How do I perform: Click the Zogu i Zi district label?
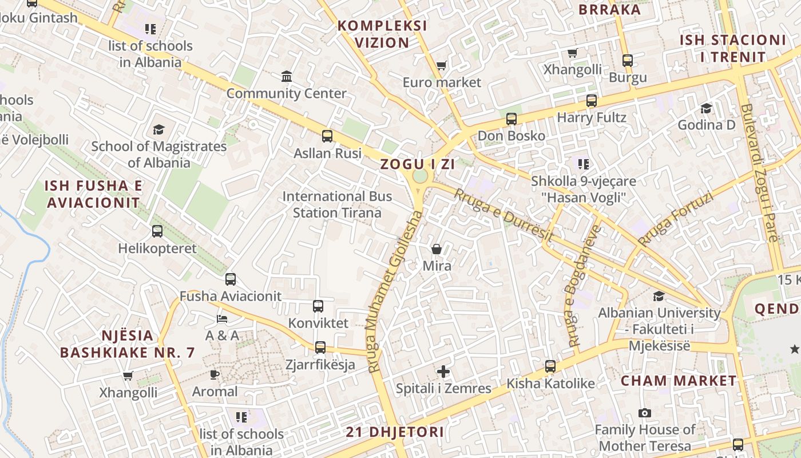[x=418, y=164]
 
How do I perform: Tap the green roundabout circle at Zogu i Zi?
[x=421, y=176]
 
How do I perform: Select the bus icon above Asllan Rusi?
[x=327, y=136]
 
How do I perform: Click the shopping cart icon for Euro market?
[x=441, y=66]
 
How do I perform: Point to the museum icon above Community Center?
[x=287, y=76]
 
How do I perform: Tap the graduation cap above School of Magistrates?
[x=158, y=130]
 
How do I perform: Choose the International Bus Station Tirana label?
[x=337, y=204]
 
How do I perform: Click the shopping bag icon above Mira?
[x=437, y=249]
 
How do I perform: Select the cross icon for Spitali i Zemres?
[x=443, y=372]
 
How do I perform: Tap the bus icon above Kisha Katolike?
[x=550, y=366]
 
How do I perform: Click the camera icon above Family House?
[x=645, y=413]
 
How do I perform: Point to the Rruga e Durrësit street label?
[x=503, y=215]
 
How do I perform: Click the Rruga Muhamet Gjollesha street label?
[x=395, y=292]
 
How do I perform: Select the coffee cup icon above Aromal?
[x=215, y=375]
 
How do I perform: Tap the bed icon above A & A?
[x=222, y=319]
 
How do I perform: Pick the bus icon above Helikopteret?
[x=157, y=231]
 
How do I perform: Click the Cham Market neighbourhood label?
[x=679, y=381]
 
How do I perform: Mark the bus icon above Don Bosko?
[x=511, y=119]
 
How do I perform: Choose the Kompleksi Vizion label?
[x=382, y=34]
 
